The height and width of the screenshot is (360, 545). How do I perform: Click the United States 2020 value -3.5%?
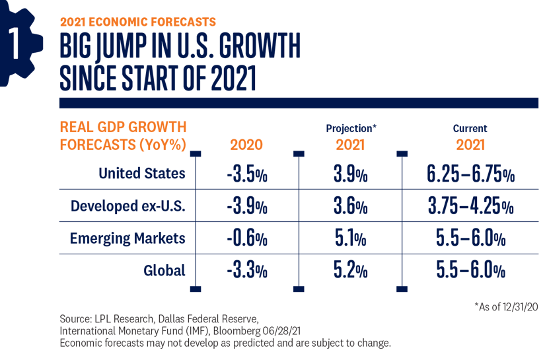click(246, 176)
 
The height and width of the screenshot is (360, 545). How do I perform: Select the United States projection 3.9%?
click(350, 176)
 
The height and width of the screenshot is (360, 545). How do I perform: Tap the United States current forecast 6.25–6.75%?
click(470, 176)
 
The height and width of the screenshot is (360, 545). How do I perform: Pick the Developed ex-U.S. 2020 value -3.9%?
click(246, 207)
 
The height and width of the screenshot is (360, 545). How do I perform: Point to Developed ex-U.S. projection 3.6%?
click(350, 207)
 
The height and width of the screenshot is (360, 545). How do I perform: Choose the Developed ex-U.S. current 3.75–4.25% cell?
click(470, 207)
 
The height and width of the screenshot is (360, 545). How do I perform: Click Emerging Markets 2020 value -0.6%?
click(246, 238)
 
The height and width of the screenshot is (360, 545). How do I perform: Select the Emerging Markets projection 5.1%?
click(350, 238)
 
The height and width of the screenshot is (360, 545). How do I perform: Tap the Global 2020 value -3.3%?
click(246, 270)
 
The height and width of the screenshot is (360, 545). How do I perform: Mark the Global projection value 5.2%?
click(350, 270)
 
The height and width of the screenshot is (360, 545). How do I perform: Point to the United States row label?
click(141, 174)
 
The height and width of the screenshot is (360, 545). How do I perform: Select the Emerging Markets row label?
click(127, 238)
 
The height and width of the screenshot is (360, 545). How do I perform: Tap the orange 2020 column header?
click(246, 145)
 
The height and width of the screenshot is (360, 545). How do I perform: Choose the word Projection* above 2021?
click(350, 129)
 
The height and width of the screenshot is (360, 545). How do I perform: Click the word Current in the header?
click(470, 129)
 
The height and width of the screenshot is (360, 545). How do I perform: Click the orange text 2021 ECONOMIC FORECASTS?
click(137, 22)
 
